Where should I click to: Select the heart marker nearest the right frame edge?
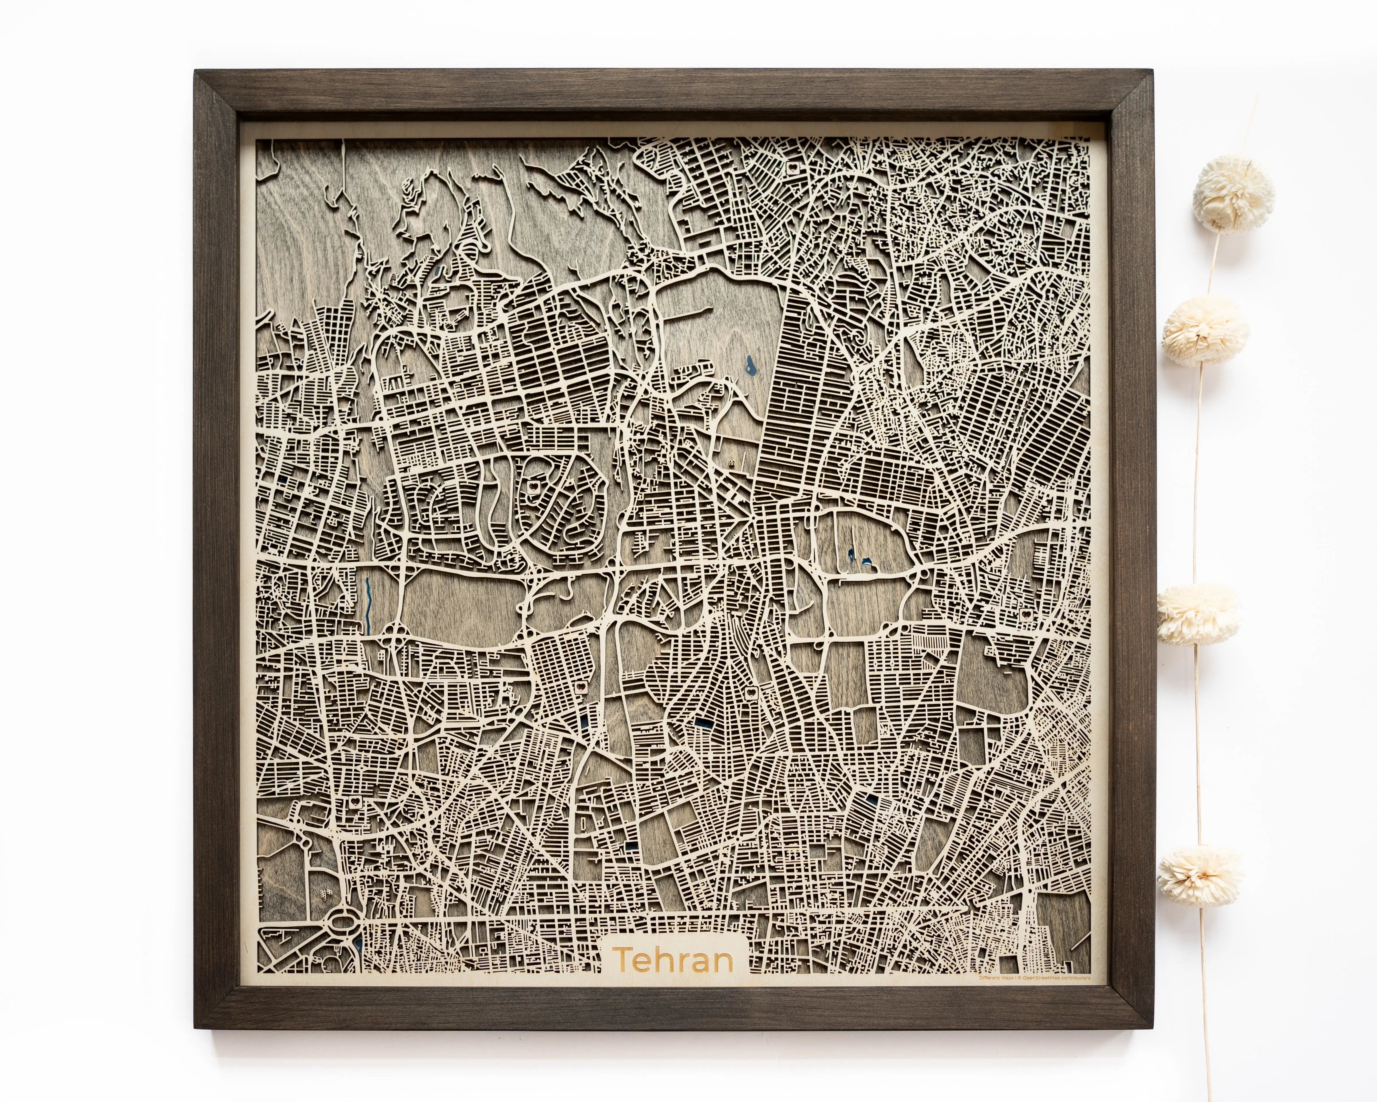1025,614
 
